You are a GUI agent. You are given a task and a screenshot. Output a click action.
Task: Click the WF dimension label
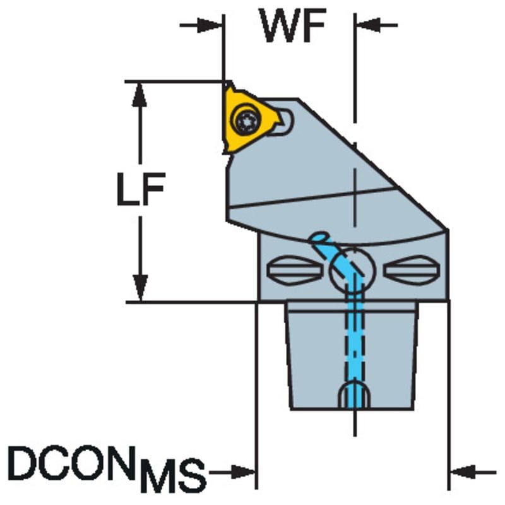pyautogui.click(x=292, y=26)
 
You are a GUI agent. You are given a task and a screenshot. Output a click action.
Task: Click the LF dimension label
pyautogui.click(x=141, y=189)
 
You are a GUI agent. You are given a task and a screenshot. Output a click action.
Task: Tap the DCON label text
pyautogui.click(x=70, y=463)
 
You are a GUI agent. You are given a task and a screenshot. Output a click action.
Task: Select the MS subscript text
pyautogui.click(x=174, y=476)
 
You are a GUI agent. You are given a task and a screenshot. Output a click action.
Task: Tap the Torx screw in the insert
pyautogui.click(x=247, y=121)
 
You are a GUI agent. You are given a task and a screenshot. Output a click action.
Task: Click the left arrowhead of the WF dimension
pyautogui.click(x=210, y=25)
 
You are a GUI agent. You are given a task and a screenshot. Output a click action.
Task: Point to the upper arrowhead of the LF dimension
pyautogui.click(x=140, y=95)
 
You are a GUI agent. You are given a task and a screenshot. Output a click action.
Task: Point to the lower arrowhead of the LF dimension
pyautogui.click(x=140, y=288)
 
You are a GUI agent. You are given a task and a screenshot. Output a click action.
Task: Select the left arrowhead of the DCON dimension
pyautogui.click(x=244, y=472)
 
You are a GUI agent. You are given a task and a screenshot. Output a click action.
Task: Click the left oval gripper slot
pyautogui.click(x=294, y=270)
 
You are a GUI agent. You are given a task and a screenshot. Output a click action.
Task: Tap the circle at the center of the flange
pyautogui.click(x=352, y=271)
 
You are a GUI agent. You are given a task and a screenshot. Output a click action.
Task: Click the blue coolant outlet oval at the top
pyautogui.click(x=319, y=237)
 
